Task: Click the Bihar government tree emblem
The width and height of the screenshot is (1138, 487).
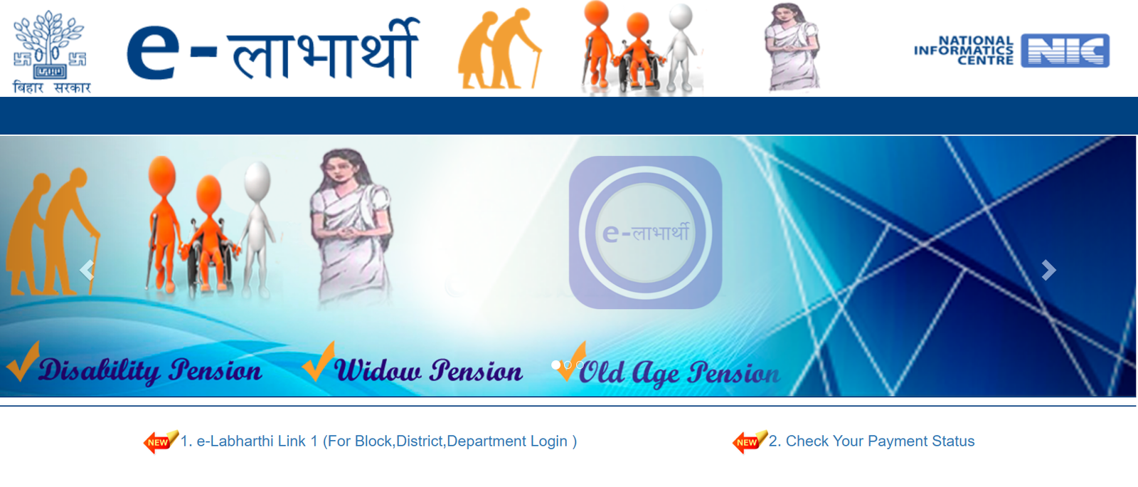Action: point(50,45)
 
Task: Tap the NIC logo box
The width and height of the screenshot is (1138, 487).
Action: point(1065,51)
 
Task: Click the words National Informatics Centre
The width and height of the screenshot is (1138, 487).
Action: point(963,51)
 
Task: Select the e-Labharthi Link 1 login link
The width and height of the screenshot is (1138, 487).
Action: point(378,441)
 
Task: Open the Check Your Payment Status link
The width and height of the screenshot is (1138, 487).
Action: point(871,441)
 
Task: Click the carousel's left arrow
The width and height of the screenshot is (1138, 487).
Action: point(87,270)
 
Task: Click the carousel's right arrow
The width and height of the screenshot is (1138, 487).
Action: point(1048,270)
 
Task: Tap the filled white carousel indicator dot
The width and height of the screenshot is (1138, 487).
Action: point(555,365)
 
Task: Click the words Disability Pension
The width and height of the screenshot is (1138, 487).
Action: point(150,370)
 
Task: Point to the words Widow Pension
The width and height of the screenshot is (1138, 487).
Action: point(428,370)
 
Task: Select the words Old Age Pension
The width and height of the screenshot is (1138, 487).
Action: point(679,373)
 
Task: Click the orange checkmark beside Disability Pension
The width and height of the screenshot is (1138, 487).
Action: point(23,362)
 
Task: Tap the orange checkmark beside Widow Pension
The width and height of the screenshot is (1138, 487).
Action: point(319,362)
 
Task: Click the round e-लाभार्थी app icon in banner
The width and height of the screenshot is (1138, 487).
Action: point(645,232)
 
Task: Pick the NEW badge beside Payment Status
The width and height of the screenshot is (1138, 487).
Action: point(750,441)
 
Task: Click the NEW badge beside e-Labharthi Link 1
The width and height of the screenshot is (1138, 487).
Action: point(161,441)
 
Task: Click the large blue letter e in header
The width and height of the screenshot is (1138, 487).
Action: point(153,53)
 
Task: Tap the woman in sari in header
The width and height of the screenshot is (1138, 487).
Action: point(792,47)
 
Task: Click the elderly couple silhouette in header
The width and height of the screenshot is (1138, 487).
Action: point(499,49)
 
